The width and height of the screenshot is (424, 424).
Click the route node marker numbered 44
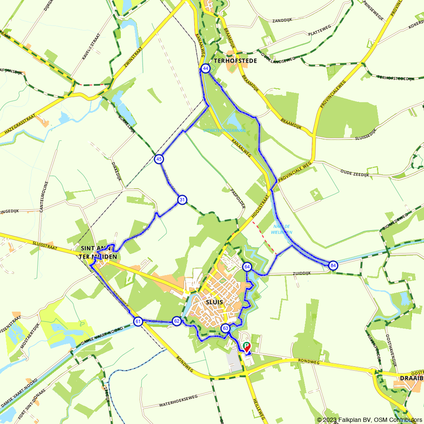pos(206,68)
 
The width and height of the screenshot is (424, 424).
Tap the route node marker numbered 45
pos(159,159)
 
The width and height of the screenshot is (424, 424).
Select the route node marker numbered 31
pos(182,200)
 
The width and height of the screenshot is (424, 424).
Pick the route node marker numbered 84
pos(333,265)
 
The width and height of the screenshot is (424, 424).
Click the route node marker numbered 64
pos(247,267)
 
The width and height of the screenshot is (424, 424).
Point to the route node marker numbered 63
pos(226,328)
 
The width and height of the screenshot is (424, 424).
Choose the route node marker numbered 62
pos(177,321)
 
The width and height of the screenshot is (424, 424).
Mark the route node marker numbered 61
pos(138,321)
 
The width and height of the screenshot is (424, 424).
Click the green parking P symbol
pos(246,346)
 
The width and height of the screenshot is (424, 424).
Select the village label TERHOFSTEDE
pos(235,61)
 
